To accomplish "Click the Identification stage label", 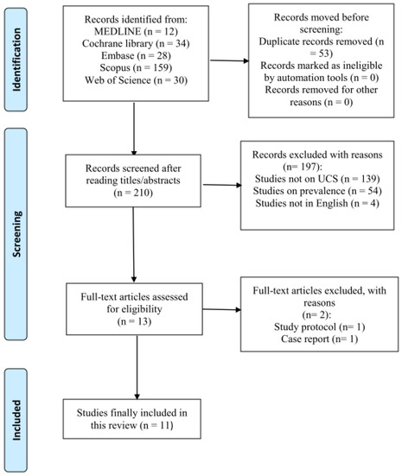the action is pos(16,60).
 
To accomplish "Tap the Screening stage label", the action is pos(16,234).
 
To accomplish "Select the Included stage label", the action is pos(16,421).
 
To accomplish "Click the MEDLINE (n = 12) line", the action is pos(136,31).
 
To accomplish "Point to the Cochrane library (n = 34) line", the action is pos(136,44).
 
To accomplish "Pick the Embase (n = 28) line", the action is pos(136,56).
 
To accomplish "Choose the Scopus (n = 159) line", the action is pos(136,68).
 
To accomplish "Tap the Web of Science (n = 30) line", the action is pos(136,80).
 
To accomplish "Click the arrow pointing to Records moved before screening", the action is pos(229,60).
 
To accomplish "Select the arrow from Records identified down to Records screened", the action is pos(134,129).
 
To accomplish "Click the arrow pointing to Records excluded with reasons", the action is pos(222,185).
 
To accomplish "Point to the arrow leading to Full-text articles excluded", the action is pos(221,309).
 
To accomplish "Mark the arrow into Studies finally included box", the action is pos(137,367).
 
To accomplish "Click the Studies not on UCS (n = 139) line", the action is pos(317,179).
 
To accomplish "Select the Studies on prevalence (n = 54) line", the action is pos(317,191).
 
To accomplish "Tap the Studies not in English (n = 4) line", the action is pos(317,203).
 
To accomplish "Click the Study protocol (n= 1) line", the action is pos(319,326).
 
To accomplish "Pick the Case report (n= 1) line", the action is pos(319,339).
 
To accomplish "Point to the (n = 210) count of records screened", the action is pos(133,193).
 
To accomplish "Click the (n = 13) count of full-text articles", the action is pos(134,321).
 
